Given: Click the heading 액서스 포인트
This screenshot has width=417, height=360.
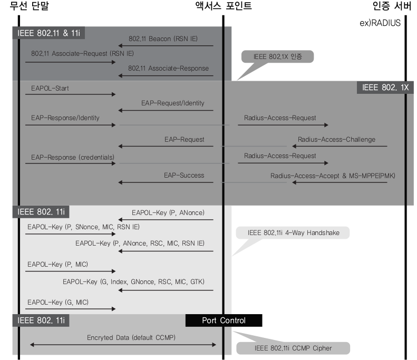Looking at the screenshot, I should [x=223, y=6].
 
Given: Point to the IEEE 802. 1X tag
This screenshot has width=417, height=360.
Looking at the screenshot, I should [x=385, y=87].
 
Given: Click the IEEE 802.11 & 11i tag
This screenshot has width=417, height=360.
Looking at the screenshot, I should [x=49, y=33].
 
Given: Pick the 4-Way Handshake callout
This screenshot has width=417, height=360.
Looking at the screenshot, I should [x=293, y=232].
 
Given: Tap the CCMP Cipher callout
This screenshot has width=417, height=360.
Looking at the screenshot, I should [x=293, y=348].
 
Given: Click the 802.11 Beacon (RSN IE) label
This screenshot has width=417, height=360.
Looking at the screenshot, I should [x=163, y=38].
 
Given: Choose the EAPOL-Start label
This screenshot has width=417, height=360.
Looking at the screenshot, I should [x=50, y=88].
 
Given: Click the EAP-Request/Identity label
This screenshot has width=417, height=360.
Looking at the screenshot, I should [x=172, y=103].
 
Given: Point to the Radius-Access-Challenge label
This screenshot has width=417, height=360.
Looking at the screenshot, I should [x=336, y=140].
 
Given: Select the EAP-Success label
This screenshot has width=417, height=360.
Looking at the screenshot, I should [x=184, y=176].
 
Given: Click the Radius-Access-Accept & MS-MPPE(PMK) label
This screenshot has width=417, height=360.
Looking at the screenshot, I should [x=328, y=176].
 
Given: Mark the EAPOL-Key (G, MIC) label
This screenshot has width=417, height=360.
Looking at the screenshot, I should [x=58, y=302].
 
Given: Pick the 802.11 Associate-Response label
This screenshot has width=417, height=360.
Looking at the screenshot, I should [x=168, y=68].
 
